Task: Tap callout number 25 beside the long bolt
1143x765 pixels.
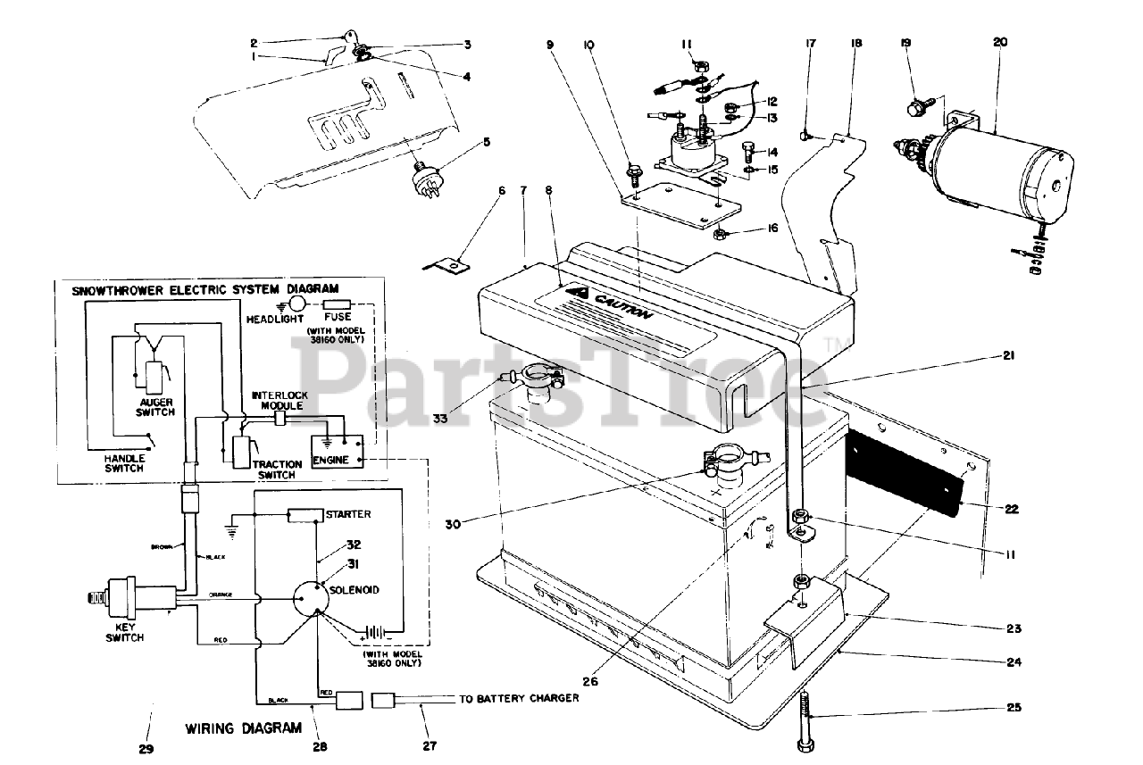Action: pyautogui.click(x=1012, y=708)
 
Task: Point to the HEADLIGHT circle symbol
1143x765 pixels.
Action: pyautogui.click(x=296, y=304)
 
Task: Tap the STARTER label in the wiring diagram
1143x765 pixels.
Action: pyautogui.click(x=349, y=515)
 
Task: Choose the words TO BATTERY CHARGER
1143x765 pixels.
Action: pyautogui.click(x=518, y=698)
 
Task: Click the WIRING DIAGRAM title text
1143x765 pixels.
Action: pyautogui.click(x=243, y=728)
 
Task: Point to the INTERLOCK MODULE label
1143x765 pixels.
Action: pyautogui.click(x=279, y=400)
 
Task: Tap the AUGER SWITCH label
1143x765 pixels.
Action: pyautogui.click(x=154, y=407)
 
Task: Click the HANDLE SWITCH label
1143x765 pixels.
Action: pyautogui.click(x=112, y=462)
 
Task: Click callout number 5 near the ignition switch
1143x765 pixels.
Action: pyautogui.click(x=488, y=141)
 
